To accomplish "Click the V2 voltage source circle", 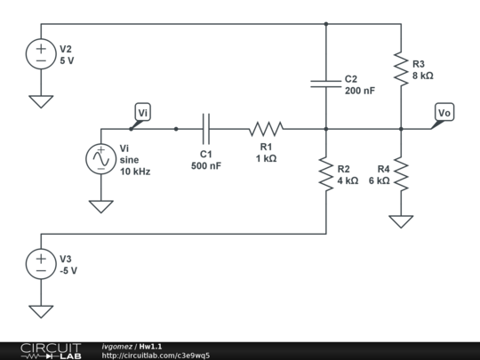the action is tap(41, 54).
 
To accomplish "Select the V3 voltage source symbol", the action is tap(41, 264).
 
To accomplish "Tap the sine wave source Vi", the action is tap(101, 159).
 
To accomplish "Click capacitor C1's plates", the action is tap(206, 129).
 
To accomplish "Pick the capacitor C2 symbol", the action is tap(326, 84).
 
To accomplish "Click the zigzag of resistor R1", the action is tap(266, 129).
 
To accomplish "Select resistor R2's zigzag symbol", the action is tap(326, 174).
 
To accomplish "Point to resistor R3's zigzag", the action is tap(401, 68).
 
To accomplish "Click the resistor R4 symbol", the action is tap(401, 174).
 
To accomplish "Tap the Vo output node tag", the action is tap(444, 112).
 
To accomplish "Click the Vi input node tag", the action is tap(142, 112).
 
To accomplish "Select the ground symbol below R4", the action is tap(401, 221).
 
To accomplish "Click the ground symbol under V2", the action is tap(41, 101).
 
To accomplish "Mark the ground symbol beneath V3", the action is tap(41, 312).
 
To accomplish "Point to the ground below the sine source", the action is tap(101, 206).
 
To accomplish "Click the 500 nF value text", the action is tap(206, 165).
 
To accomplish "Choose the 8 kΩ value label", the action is tap(423, 76).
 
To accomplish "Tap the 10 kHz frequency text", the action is tap(135, 172).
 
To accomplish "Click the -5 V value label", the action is tap(68, 270).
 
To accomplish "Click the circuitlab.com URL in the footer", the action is tap(156, 356).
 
